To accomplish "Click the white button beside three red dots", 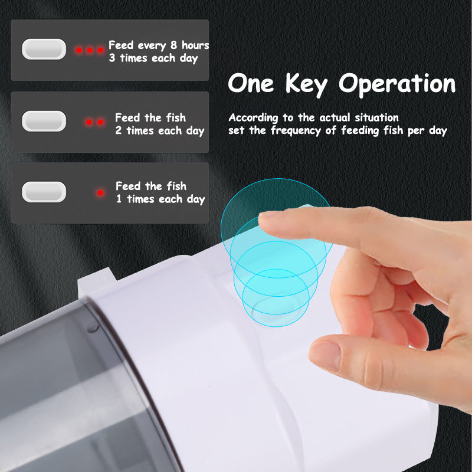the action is (44, 49).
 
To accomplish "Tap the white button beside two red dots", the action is (44, 121).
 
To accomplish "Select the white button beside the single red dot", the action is (44, 192).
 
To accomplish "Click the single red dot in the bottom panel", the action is (100, 193).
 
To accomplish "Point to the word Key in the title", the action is (306, 84).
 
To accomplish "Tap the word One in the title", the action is (251, 83).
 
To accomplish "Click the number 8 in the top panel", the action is (173, 45).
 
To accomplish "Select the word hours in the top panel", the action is (195, 45).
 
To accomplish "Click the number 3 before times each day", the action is (112, 58).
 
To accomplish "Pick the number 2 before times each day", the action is (119, 130).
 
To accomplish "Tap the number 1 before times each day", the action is (119, 199).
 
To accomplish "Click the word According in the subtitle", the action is (253, 117).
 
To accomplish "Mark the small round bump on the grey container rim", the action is (93, 327).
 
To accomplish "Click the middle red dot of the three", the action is (90, 50).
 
